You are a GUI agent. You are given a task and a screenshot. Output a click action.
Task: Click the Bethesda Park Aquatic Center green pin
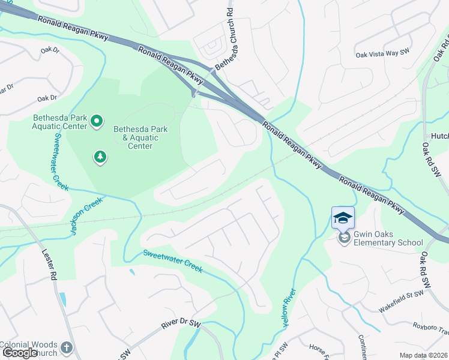click(96, 122)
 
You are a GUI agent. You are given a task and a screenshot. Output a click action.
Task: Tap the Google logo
click(20, 353)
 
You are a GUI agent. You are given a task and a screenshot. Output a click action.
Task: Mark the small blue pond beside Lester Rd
click(62, 299)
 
